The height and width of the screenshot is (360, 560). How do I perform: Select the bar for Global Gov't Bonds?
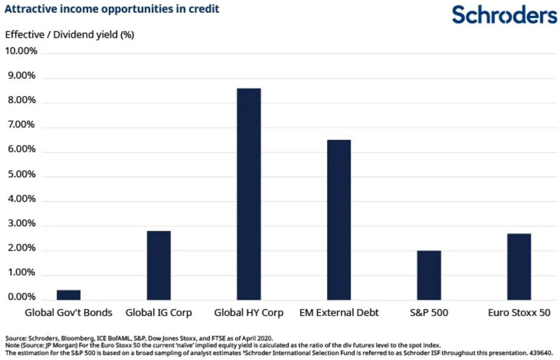(69, 295)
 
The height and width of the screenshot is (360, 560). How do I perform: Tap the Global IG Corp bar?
(159, 265)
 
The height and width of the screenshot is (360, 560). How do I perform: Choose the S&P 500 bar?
(429, 275)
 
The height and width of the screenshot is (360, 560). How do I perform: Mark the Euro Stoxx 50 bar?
(519, 267)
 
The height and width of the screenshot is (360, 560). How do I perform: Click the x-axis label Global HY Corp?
(249, 312)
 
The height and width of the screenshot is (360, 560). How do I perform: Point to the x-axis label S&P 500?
(429, 312)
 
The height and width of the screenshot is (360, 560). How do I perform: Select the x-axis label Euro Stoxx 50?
(519, 312)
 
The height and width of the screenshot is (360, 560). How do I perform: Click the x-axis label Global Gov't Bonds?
(69, 312)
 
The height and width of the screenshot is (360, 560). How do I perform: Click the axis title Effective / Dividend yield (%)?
(69, 34)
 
